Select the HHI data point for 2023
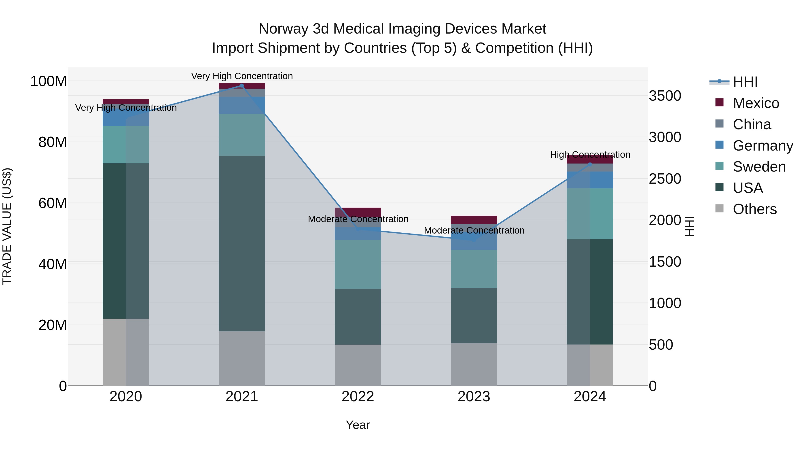474,240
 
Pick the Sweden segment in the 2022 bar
358,264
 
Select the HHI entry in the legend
745,82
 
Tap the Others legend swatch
719,208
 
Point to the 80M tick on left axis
53,142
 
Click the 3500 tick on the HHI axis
665,96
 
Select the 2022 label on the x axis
358,397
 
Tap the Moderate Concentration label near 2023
474,230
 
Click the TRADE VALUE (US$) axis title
7,226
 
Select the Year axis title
358,425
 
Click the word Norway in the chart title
284,29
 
